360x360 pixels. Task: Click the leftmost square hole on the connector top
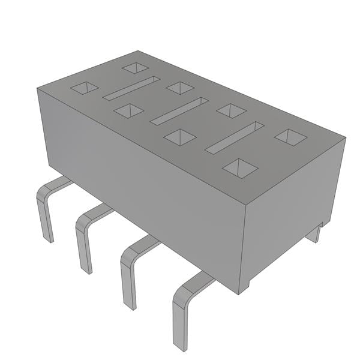coord(84,88)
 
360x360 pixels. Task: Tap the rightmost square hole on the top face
coord(290,137)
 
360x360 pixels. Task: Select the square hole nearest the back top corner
coord(135,68)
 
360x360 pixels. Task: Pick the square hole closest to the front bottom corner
coord(240,169)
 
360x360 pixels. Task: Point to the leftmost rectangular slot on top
coord(131,88)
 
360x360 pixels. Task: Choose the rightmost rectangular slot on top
coord(235,137)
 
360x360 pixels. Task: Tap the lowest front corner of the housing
coord(239,293)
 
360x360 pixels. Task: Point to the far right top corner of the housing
coord(346,138)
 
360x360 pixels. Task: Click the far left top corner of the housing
coord(37,88)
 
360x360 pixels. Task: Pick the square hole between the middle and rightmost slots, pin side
coord(179,137)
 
